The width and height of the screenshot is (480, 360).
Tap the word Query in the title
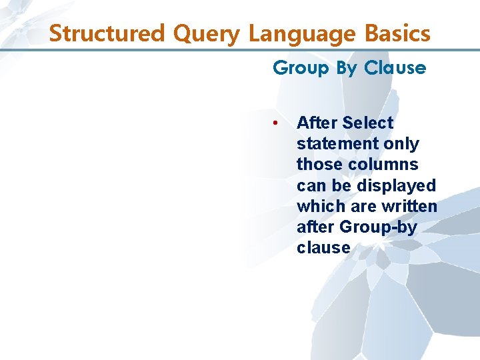click(195, 33)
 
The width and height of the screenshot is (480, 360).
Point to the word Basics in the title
click(397, 33)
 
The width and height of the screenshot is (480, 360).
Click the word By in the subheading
click(347, 68)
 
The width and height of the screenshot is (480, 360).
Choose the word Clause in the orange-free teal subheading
click(395, 68)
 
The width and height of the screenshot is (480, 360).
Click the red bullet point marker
click(275, 123)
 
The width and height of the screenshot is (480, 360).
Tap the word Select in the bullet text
click(367, 123)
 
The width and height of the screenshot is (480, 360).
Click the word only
click(402, 144)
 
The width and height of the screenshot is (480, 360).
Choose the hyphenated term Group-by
click(379, 227)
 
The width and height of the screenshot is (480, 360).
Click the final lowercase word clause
click(323, 248)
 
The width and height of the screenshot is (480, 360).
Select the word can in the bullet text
click(310, 185)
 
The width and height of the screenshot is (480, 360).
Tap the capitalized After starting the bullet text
click(317, 123)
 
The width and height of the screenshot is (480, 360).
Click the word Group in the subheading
click(301, 68)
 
